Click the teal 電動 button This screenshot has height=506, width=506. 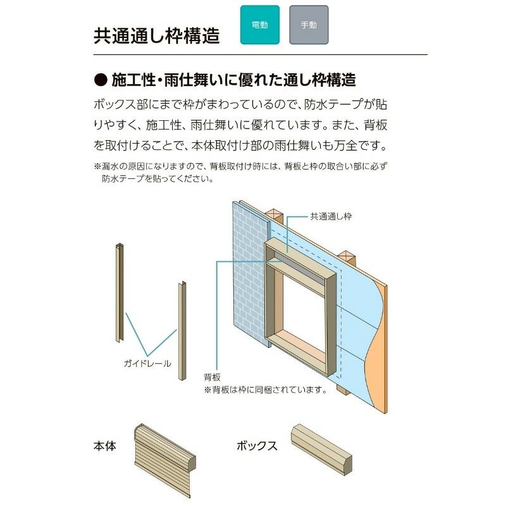pos(259,25)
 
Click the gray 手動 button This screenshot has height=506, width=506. pos(309,25)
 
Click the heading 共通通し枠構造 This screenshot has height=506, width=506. pos(156,35)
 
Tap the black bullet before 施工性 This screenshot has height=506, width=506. pos(101,80)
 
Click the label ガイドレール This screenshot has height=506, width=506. pos(147,364)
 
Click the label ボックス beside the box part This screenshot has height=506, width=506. pos(257,445)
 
